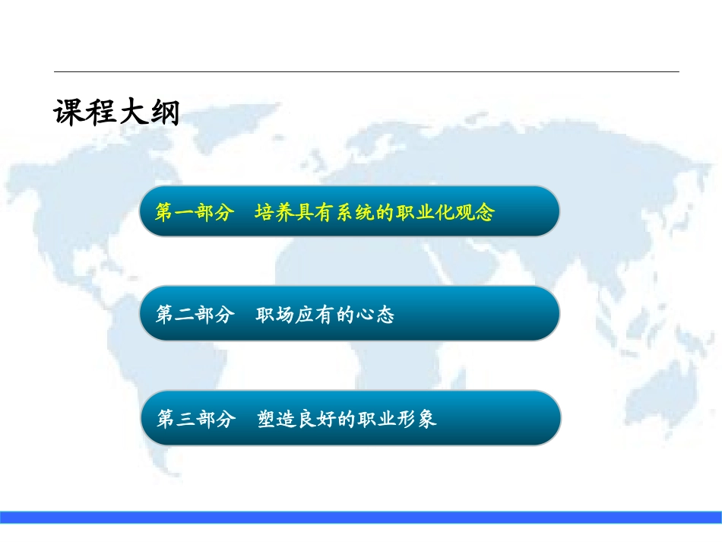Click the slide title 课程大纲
tap(116, 112)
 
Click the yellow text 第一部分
tap(194, 212)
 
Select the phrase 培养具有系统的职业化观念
tap(375, 212)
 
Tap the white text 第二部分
tap(195, 315)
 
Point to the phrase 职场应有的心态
tap(325, 315)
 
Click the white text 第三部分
tap(196, 419)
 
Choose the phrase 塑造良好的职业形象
tap(347, 419)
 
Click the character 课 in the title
tap(69, 112)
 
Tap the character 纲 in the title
tap(165, 112)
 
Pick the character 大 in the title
tap(132, 112)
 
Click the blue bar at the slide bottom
tap(361, 517)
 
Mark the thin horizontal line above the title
tap(366, 72)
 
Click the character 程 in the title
tap(101, 112)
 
